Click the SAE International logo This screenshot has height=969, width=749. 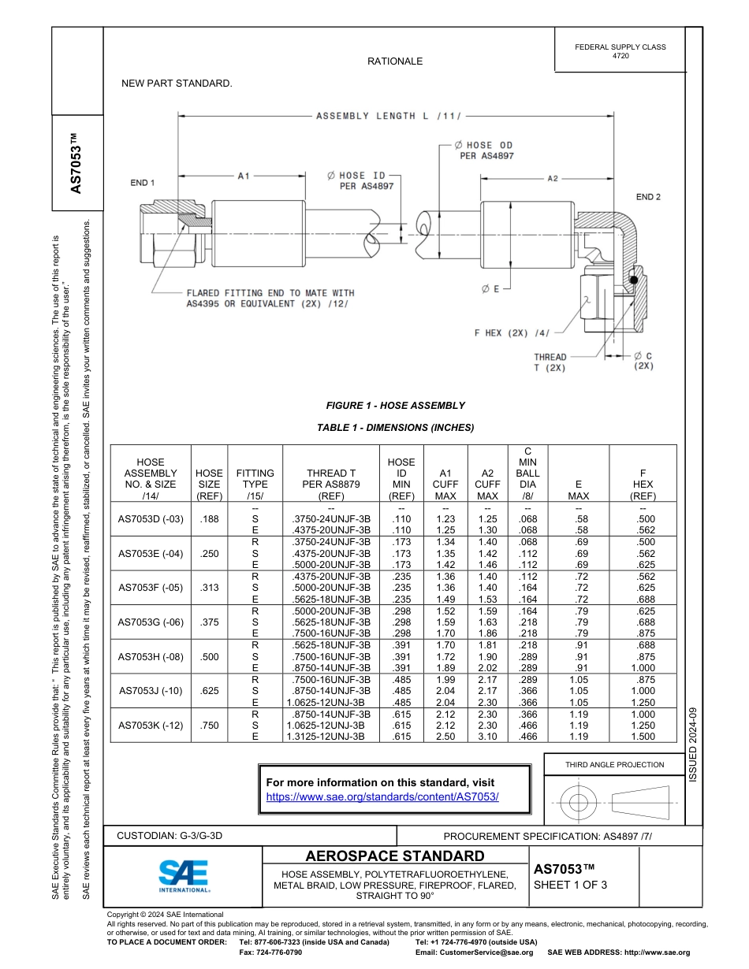point(184,875)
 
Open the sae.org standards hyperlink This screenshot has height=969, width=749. point(382,796)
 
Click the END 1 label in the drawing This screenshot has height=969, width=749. point(143,183)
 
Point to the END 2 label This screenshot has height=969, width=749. point(648,196)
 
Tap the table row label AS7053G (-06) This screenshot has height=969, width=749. point(151,622)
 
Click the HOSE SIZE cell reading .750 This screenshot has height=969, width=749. point(209,726)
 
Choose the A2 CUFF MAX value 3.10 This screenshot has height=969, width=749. point(487,736)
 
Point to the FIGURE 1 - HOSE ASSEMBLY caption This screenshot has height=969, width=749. point(395,406)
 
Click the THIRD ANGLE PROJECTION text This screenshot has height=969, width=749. point(614,764)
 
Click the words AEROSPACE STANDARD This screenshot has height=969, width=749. point(395,856)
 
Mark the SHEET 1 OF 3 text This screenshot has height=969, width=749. point(571,885)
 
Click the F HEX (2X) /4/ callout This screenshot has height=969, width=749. point(512,332)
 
